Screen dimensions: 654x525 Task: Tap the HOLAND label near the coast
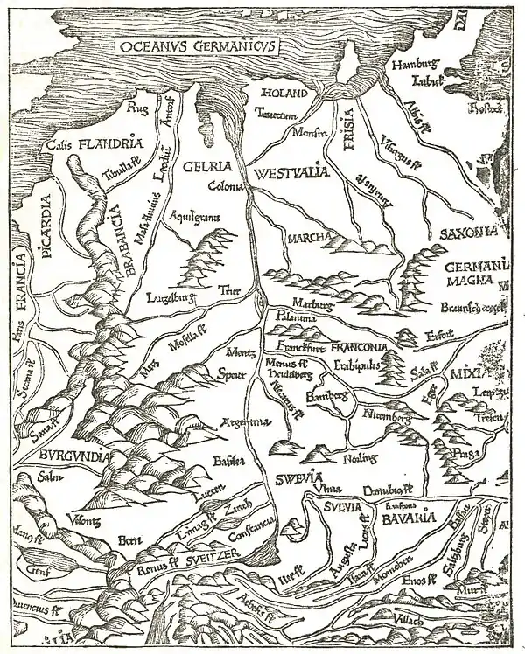[281, 93]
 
